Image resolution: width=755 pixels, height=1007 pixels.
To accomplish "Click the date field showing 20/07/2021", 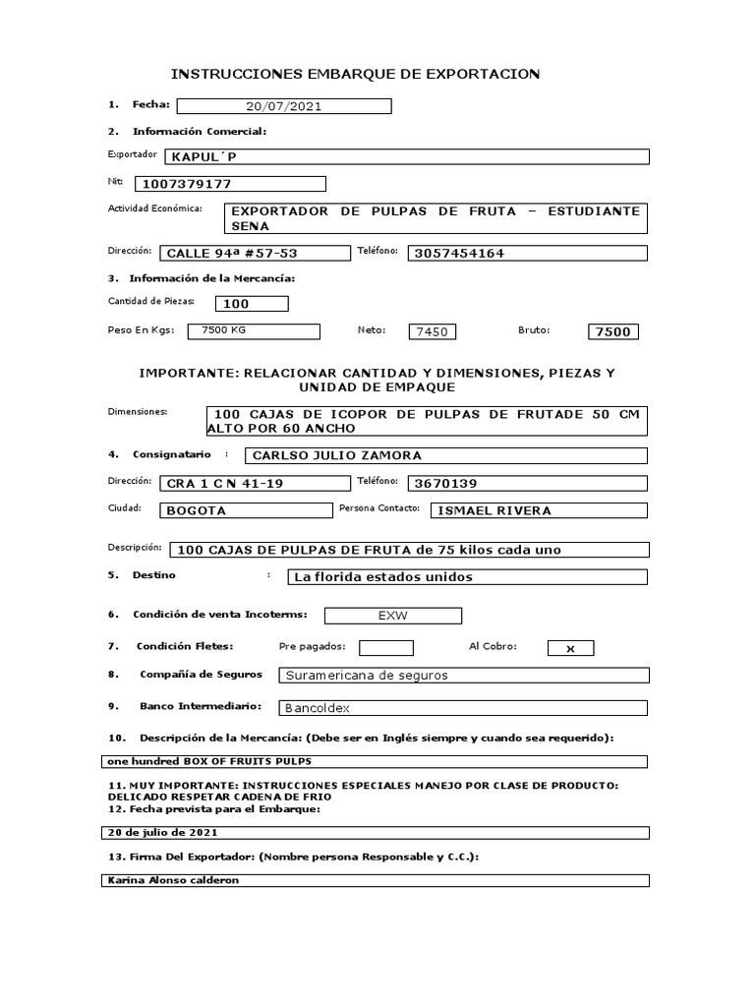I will coord(283,106).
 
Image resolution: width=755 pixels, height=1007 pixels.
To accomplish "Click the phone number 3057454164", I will coord(527,253).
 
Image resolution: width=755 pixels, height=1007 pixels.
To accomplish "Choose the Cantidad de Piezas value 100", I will coord(251,304).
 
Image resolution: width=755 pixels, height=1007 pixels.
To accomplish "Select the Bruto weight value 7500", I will coord(612,331).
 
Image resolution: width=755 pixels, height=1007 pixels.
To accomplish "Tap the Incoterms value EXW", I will coord(392,616).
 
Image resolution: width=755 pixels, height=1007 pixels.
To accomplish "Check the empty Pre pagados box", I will coord(386,647).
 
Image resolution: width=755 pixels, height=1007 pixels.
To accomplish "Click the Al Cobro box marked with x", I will coord(570,648).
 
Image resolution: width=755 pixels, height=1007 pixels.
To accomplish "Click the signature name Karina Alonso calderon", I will coord(375,880).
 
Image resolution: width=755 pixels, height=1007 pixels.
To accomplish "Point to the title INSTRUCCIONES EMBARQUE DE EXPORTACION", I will coord(356,74).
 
